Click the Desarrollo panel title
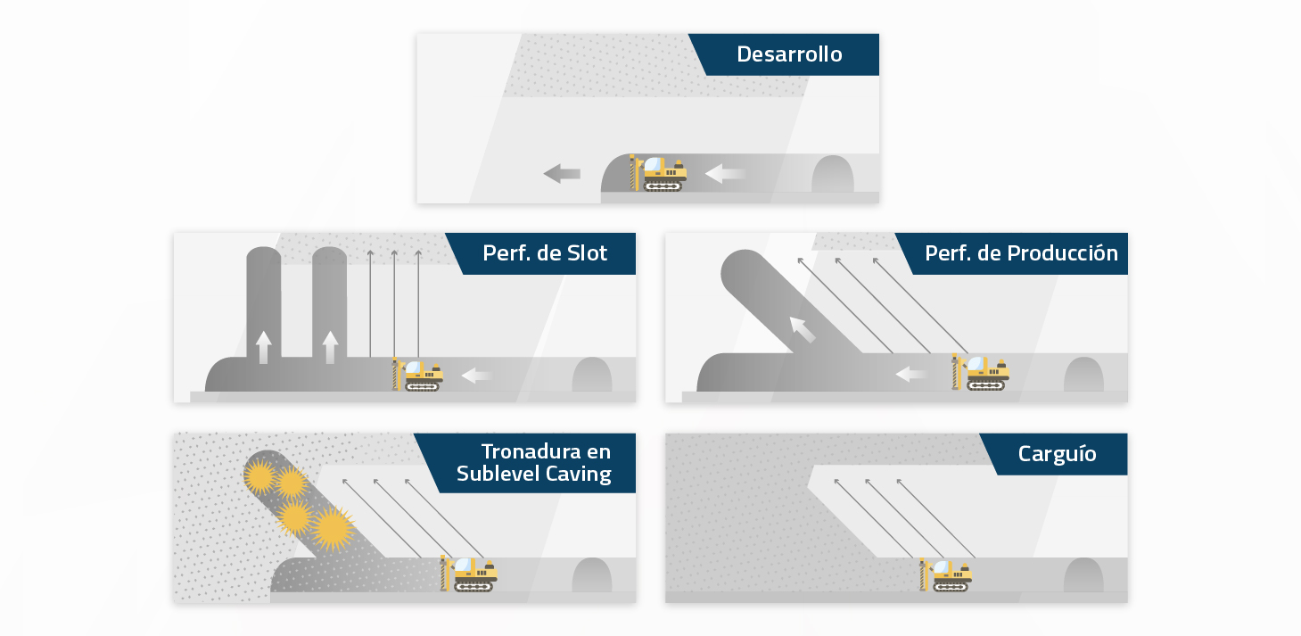789,54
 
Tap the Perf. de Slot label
545,253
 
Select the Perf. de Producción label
1021,253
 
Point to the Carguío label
1057,454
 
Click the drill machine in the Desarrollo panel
661,173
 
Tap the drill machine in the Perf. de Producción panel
982,373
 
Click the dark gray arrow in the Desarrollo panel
562,173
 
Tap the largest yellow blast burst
332,528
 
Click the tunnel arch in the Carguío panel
1083,575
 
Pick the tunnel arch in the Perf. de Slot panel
591,375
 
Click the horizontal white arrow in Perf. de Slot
477,376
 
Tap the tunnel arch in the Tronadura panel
591,575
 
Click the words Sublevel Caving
533,474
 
